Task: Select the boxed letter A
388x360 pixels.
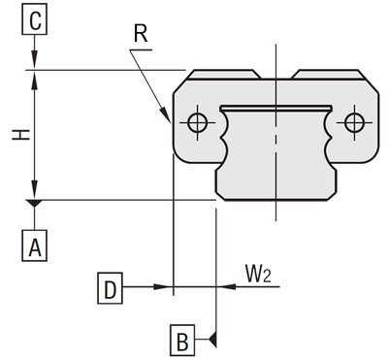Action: tap(35, 247)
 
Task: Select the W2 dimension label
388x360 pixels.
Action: tap(257, 276)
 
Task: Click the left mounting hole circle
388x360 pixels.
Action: tap(198, 122)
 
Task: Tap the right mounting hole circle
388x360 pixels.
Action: tap(354, 122)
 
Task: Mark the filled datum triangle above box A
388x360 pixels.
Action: tap(35, 206)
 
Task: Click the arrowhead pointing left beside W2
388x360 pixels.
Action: tap(222, 286)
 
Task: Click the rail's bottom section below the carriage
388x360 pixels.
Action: tap(275, 180)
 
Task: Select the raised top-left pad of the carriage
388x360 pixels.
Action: tap(224, 74)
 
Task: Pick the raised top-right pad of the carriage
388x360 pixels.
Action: tap(327, 74)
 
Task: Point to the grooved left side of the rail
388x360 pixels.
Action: tap(227, 135)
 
